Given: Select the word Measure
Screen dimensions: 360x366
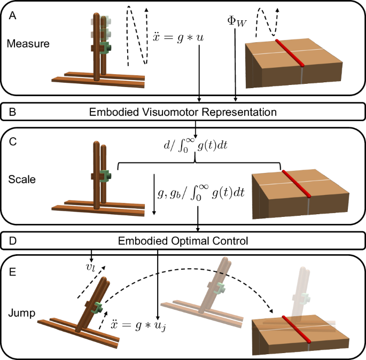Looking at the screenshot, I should (x=28, y=43).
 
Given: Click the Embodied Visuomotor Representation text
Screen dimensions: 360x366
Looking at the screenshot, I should (x=183, y=113).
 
